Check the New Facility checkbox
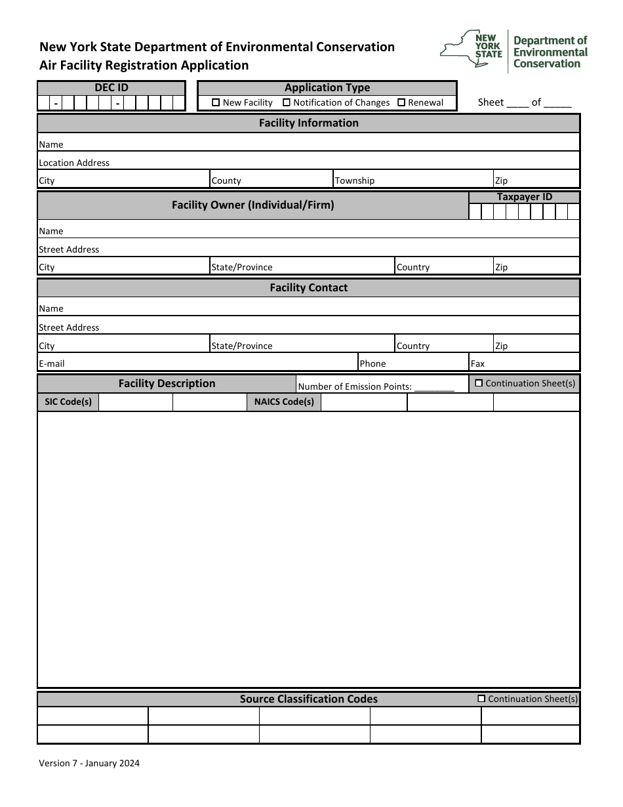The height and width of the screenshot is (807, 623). pyautogui.click(x=216, y=102)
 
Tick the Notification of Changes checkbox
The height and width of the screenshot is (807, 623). pyautogui.click(x=287, y=102)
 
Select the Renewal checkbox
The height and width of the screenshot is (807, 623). pyautogui.click(x=401, y=102)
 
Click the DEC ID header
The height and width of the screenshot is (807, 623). pyautogui.click(x=111, y=88)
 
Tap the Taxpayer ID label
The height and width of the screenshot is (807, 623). pyautogui.click(x=524, y=197)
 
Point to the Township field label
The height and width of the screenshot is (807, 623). pyautogui.click(x=355, y=180)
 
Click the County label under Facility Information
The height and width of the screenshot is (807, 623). pyautogui.click(x=226, y=180)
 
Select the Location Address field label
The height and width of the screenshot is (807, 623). pyautogui.click(x=74, y=163)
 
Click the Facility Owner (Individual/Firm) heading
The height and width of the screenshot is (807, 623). pyautogui.click(x=252, y=205)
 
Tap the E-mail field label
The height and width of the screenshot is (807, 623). pyautogui.click(x=52, y=363)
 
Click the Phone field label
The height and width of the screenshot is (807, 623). pyautogui.click(x=372, y=363)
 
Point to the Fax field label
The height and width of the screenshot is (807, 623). pyautogui.click(x=477, y=363)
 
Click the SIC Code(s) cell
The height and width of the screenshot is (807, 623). pyautogui.click(x=68, y=402)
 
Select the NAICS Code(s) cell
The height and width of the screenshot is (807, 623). pyautogui.click(x=284, y=402)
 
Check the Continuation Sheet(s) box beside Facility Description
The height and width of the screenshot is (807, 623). pyautogui.click(x=479, y=383)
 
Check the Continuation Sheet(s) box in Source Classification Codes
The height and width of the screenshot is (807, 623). pyautogui.click(x=482, y=699)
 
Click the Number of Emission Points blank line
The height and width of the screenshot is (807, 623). pyautogui.click(x=434, y=387)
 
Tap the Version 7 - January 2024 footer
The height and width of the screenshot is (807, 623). pyautogui.click(x=89, y=763)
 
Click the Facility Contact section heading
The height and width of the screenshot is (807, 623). pyautogui.click(x=308, y=288)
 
